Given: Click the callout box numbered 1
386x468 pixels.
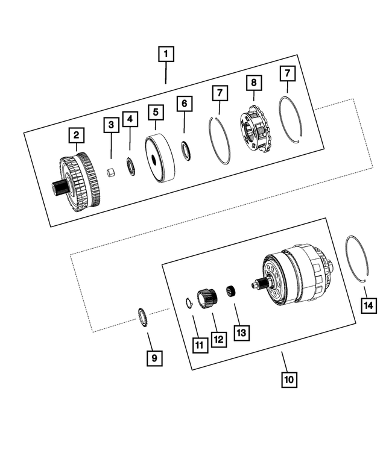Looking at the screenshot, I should [166, 55].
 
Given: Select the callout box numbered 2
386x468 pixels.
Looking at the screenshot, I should [76, 136].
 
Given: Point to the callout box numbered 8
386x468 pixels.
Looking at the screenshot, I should [253, 81].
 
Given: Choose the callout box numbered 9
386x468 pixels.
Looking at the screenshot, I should [154, 358].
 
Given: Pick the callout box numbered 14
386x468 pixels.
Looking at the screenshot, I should [369, 305].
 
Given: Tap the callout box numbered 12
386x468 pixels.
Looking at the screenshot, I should [218, 339].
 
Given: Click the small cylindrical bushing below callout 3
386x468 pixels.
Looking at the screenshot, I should [110, 173].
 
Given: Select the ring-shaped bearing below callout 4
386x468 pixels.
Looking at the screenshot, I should [130, 166].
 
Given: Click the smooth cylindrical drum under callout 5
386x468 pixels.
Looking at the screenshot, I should [160, 159].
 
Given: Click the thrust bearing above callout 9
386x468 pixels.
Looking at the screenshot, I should [144, 317].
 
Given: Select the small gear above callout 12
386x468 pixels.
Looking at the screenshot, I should [209, 298].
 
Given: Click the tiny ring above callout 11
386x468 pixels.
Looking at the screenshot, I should [188, 303].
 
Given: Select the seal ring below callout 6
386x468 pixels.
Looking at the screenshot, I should [186, 151].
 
